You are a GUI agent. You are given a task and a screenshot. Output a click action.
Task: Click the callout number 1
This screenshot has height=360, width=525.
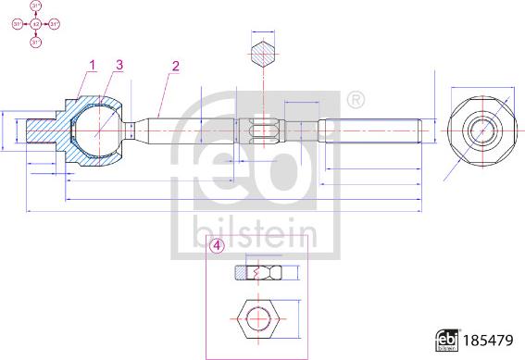[92, 64]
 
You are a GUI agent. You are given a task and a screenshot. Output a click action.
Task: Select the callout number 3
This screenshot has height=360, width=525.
[119, 64]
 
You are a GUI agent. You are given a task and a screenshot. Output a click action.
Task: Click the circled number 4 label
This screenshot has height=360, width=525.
[217, 246]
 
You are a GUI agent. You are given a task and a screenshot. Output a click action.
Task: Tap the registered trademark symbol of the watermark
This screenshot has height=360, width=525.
[353, 98]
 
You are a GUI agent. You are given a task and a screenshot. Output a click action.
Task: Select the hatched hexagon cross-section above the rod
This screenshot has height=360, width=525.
[263, 52]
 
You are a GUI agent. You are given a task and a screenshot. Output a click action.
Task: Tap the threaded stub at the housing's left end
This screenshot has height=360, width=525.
[42, 130]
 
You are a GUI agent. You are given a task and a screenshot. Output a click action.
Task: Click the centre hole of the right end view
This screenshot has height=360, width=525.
[481, 130]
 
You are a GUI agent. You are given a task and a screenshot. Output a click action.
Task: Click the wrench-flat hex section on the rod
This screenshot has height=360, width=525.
[263, 130]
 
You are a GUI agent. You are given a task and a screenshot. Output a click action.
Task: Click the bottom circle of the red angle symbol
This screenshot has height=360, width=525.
[36, 41]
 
